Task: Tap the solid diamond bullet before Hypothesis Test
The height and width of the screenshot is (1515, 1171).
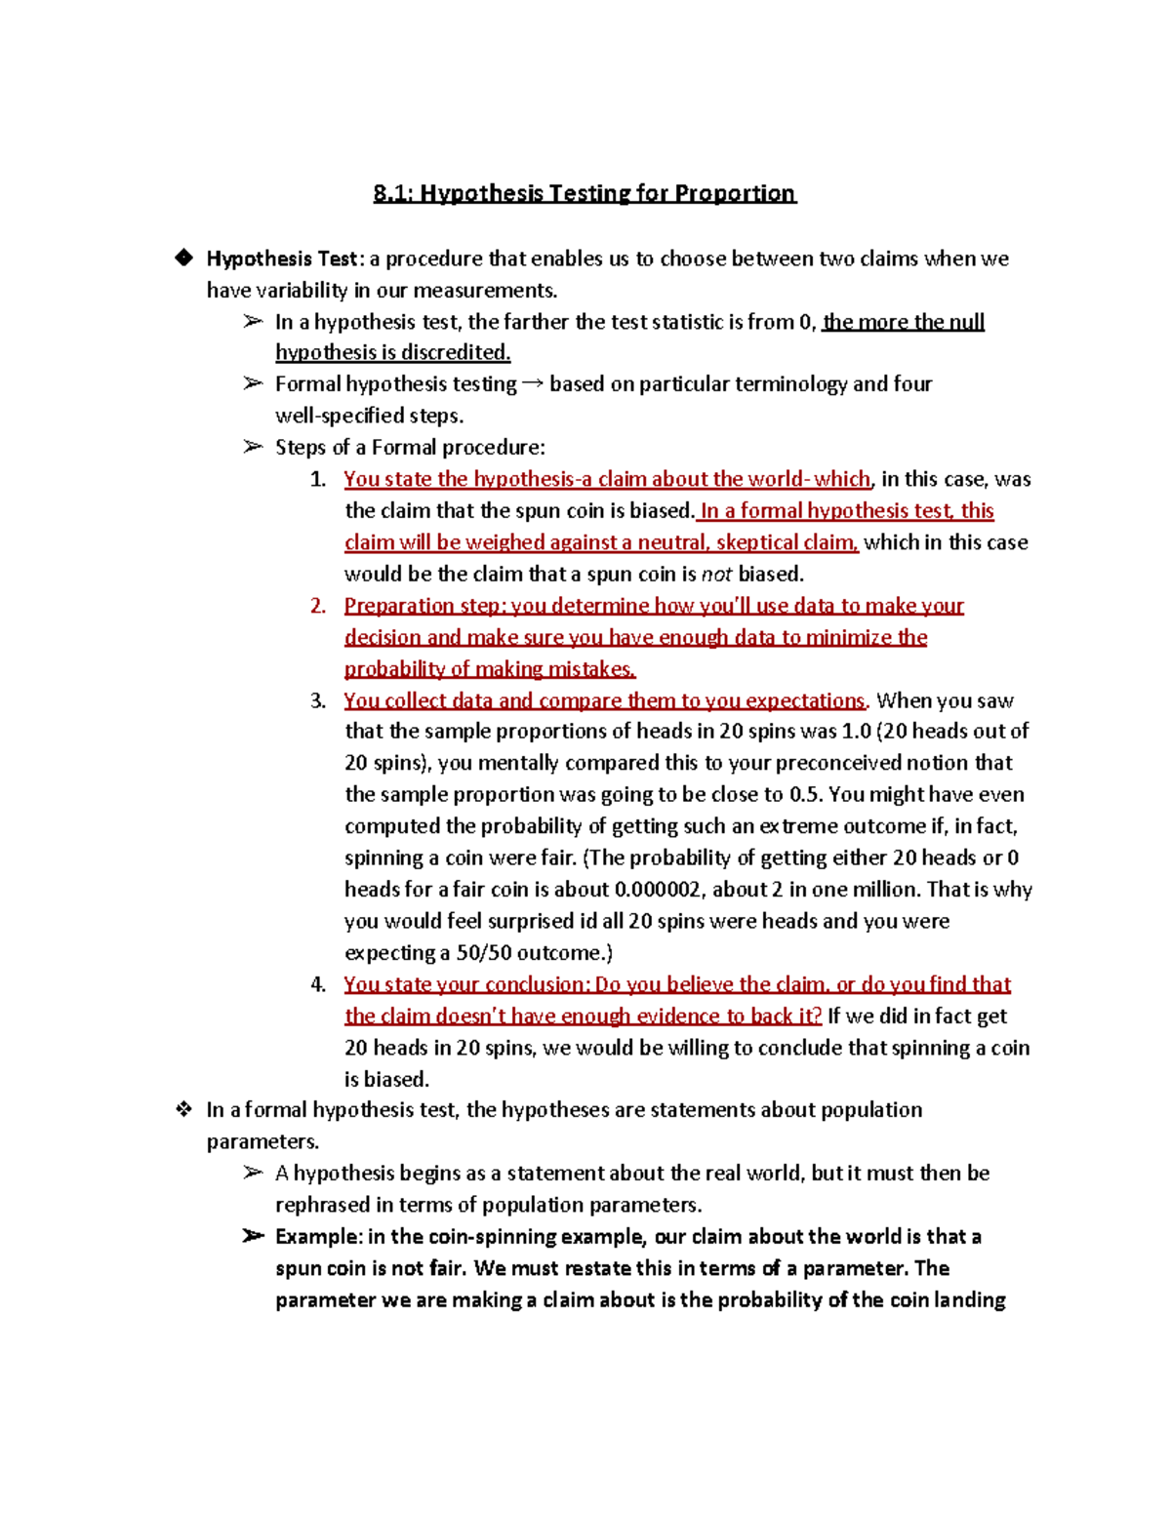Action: (182, 258)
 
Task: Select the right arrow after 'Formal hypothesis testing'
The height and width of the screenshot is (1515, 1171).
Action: (533, 384)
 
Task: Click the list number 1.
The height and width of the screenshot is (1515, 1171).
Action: (317, 479)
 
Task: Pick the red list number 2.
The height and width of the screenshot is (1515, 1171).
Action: (317, 606)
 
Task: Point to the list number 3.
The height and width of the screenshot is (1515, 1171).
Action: (317, 700)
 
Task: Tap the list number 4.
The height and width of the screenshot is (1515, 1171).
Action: (317, 984)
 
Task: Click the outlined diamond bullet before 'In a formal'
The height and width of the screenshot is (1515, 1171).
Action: (182, 1109)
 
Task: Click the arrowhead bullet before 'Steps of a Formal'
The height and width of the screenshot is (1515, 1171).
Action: (253, 447)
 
